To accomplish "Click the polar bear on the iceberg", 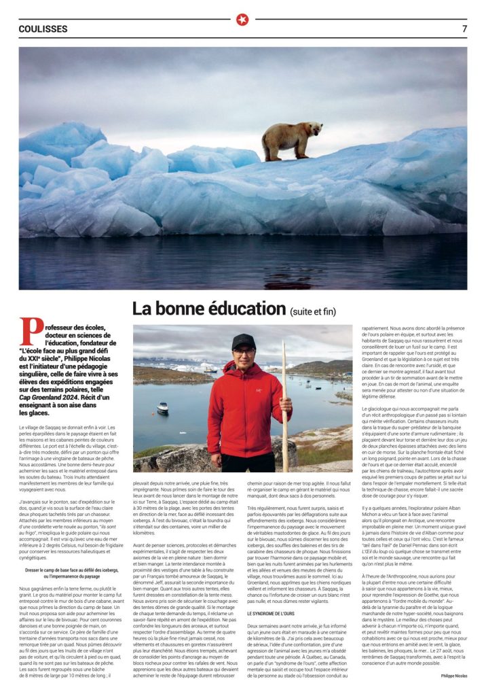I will [x=292, y=140].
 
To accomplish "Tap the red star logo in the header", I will [x=242, y=20].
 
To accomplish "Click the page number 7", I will [x=464, y=29].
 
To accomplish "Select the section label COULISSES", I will [x=43, y=29].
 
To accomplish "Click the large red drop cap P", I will [x=29, y=332].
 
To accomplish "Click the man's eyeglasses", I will [x=243, y=351].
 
